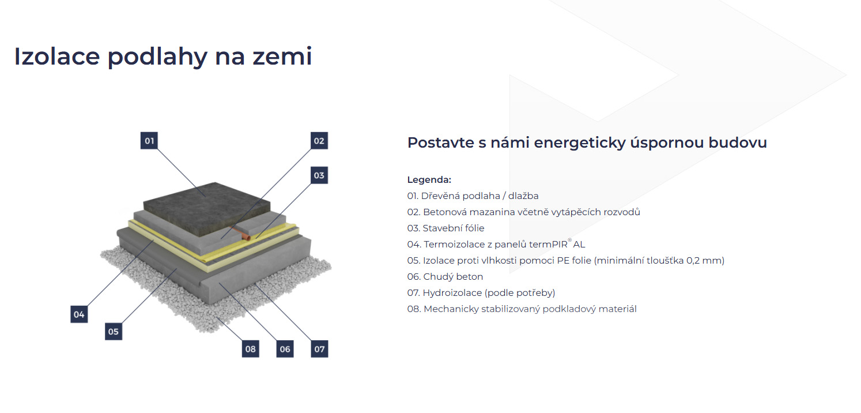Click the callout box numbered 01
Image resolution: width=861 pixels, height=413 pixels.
tap(150, 141)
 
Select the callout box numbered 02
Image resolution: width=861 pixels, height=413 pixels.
tap(319, 141)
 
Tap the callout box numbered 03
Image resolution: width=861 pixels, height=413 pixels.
tap(319, 175)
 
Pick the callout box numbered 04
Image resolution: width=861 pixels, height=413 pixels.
tap(79, 314)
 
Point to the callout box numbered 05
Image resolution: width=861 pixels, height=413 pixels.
tap(114, 331)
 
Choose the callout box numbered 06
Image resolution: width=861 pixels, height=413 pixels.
tap(285, 349)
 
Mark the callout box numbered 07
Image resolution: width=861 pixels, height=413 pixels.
tap(319, 349)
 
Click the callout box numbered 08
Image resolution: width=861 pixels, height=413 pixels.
tap(250, 349)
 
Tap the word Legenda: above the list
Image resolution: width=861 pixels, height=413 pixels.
tap(429, 180)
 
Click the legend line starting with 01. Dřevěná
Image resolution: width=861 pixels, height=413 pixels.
tap(473, 196)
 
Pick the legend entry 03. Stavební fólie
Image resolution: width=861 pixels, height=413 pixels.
tap(445, 228)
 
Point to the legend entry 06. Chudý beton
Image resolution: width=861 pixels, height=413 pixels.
tap(445, 277)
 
